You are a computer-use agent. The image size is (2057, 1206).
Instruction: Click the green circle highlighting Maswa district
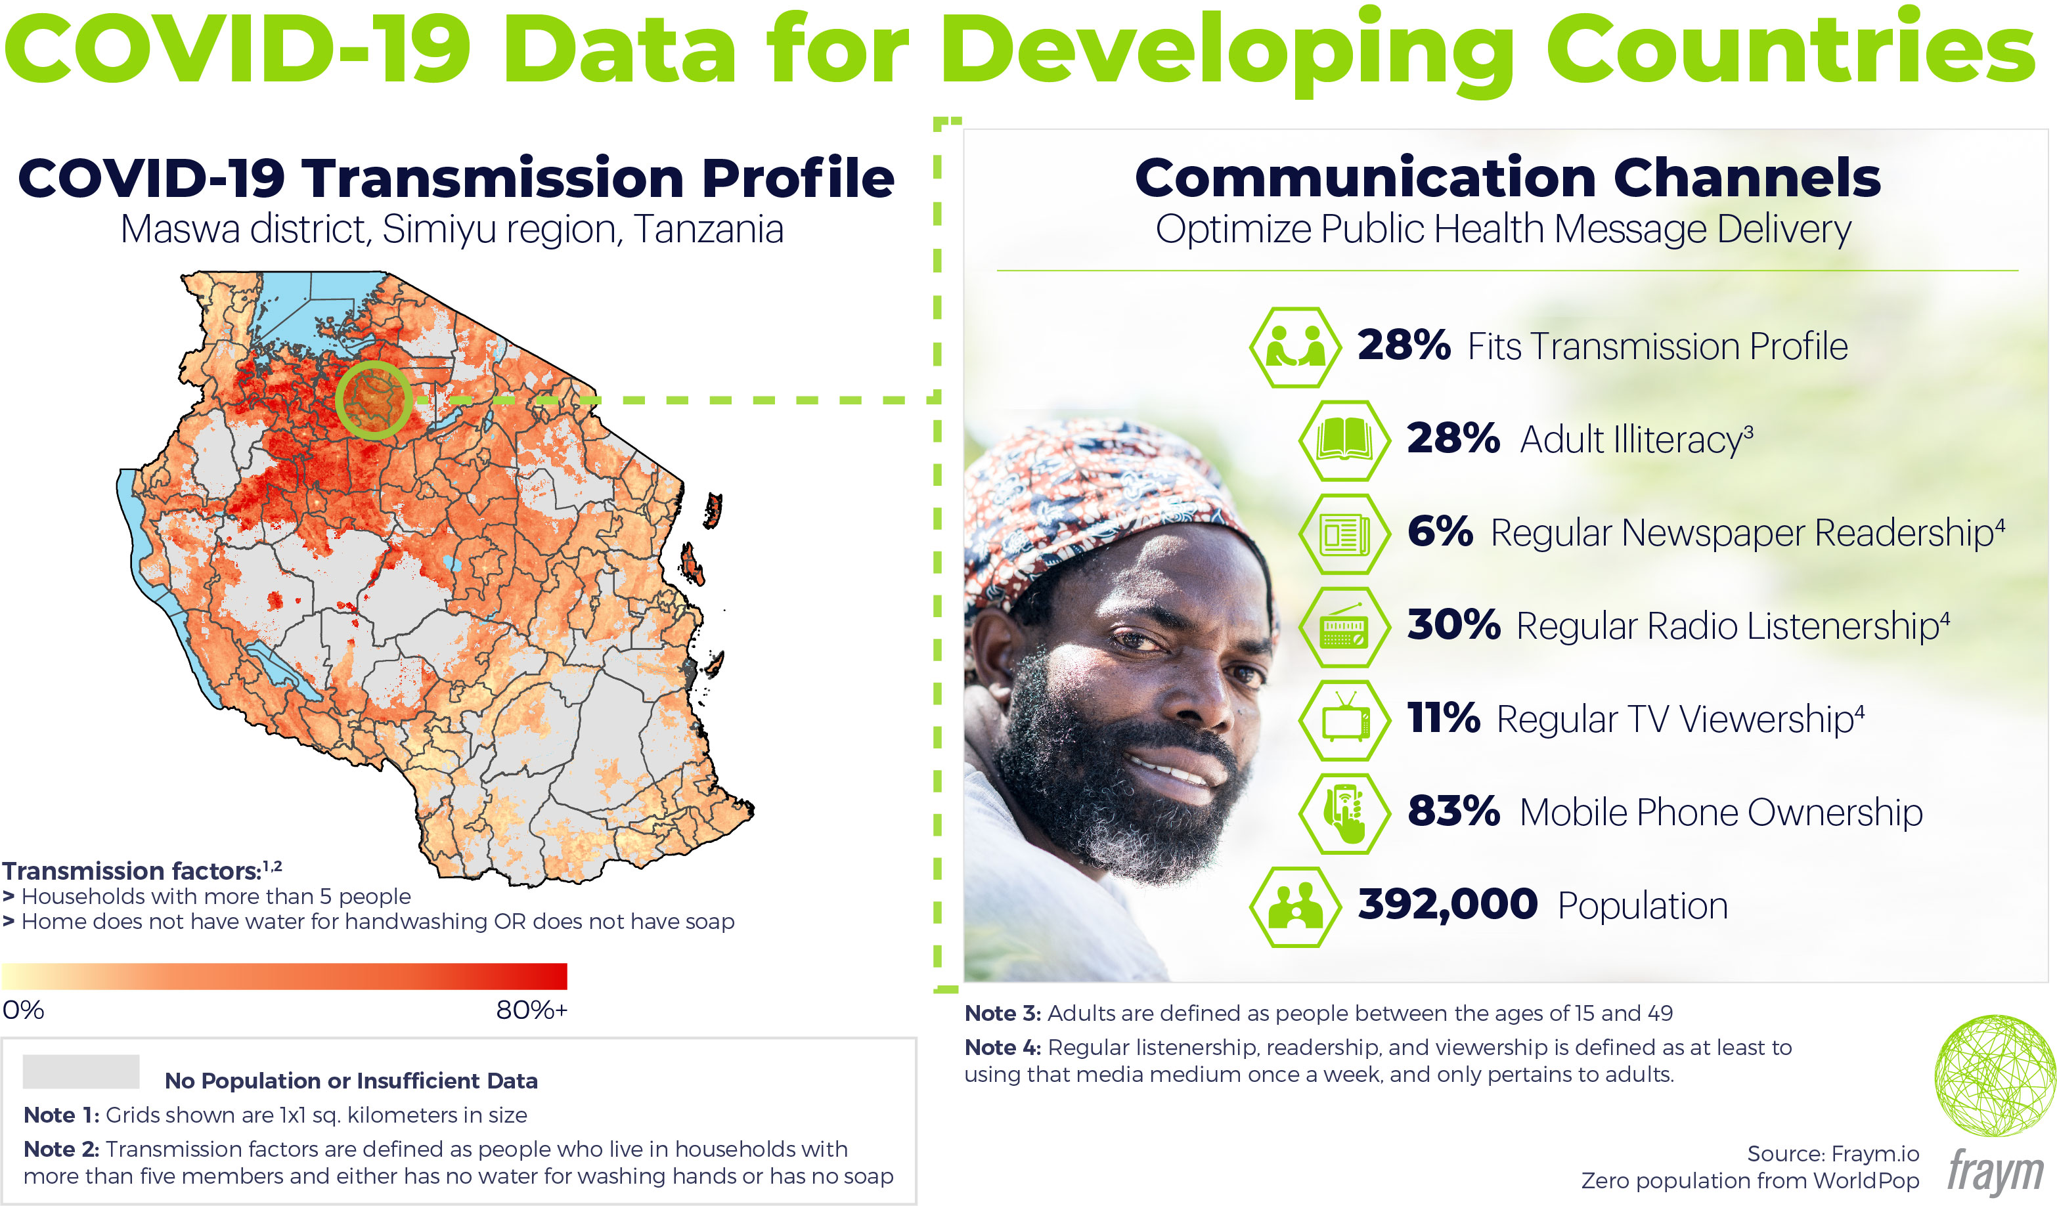point(374,400)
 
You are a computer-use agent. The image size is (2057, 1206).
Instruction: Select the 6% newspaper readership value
point(1440,532)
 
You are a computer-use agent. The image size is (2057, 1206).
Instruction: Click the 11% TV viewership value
point(1443,718)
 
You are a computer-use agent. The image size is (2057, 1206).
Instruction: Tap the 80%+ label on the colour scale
point(531,1010)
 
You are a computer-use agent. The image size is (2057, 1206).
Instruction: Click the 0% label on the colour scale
point(23,1010)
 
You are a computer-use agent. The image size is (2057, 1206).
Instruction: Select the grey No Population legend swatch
point(81,1071)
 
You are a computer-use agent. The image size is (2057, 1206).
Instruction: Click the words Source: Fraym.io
point(1832,1153)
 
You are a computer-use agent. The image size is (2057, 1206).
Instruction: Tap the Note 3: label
point(1002,1014)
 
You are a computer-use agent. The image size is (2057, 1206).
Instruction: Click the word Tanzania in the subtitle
point(709,229)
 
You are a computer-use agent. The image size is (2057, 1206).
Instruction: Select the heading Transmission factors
point(131,871)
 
